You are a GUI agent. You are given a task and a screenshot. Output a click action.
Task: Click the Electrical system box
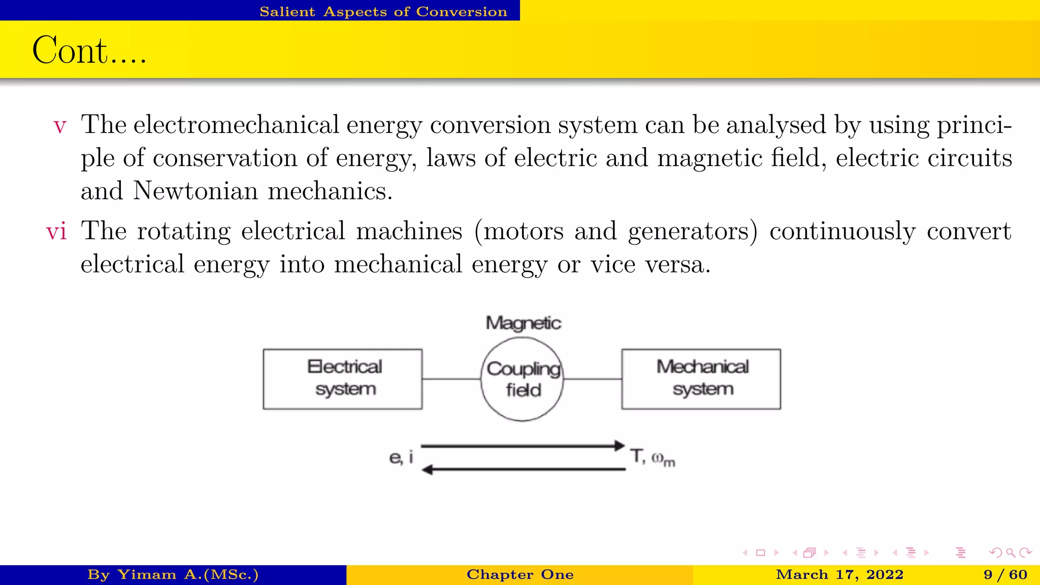click(343, 379)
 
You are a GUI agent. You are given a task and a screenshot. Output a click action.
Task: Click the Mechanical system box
click(701, 379)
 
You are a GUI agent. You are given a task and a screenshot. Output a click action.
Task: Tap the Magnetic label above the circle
click(523, 323)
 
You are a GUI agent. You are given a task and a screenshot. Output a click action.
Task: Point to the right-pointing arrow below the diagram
click(523, 446)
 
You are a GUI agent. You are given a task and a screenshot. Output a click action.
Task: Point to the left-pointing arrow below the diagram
click(523, 469)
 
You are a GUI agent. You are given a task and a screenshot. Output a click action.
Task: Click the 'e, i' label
click(401, 458)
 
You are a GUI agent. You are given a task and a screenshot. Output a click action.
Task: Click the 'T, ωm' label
click(653, 458)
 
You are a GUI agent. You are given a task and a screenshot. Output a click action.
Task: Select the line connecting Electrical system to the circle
click(451, 379)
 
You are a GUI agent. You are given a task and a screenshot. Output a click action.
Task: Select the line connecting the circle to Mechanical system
click(593, 379)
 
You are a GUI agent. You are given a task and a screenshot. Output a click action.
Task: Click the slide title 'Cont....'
click(89, 51)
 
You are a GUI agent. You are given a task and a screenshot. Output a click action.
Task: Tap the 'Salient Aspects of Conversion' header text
click(383, 11)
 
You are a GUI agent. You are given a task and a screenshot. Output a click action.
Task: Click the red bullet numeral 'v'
click(60, 126)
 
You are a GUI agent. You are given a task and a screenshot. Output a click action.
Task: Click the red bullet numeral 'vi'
click(56, 232)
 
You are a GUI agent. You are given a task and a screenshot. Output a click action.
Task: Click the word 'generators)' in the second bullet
click(693, 232)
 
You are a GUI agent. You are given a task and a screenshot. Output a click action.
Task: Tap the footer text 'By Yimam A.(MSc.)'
click(173, 575)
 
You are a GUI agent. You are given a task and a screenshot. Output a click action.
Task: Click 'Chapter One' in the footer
click(520, 575)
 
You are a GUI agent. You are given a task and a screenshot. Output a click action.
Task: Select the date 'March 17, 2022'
click(839, 575)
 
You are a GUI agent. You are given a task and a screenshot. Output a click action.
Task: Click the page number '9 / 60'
click(1005, 575)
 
